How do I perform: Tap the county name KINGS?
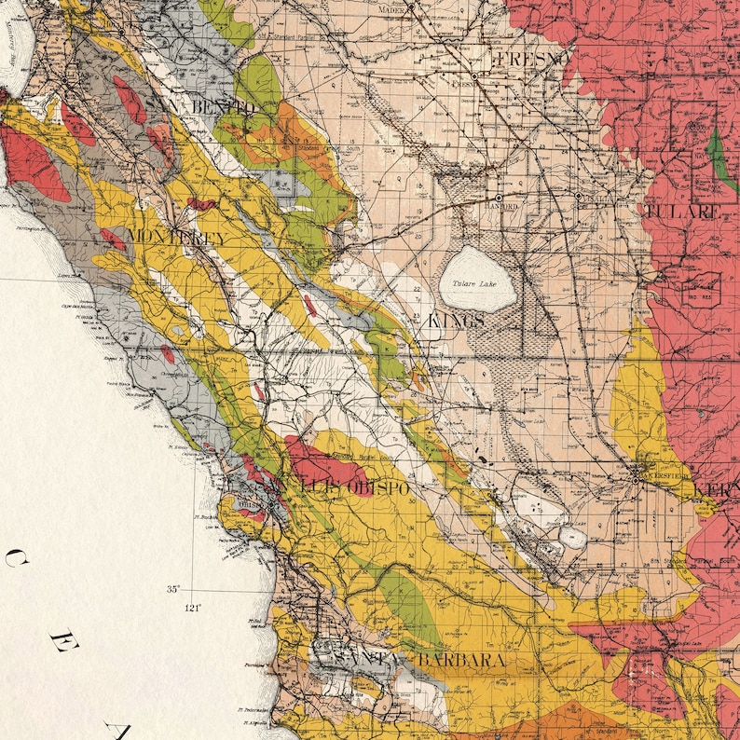coord(457,321)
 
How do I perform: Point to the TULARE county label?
coord(682,212)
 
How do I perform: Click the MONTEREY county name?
coord(176,238)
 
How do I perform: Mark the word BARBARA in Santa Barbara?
coord(461,660)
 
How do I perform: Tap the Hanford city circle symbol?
coord(499,199)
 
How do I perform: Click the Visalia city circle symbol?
coord(578,198)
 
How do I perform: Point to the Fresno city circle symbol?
coord(474,75)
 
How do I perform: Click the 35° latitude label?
coord(172,589)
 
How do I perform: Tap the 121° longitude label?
coord(193,607)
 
